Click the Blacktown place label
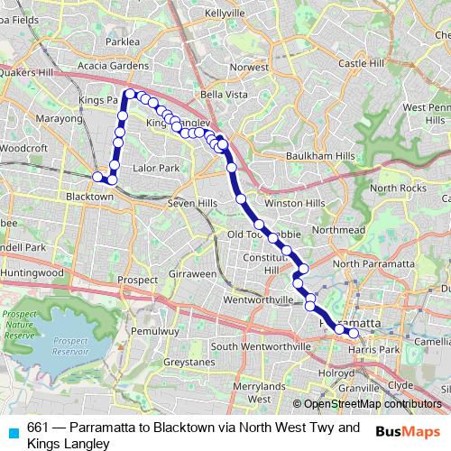pyautogui.click(x=88, y=196)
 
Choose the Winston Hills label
pyautogui.click(x=294, y=203)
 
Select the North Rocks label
pyautogui.click(x=397, y=188)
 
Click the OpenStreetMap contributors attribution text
pyautogui.click(x=372, y=405)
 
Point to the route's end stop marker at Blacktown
pyautogui.click(x=97, y=177)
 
